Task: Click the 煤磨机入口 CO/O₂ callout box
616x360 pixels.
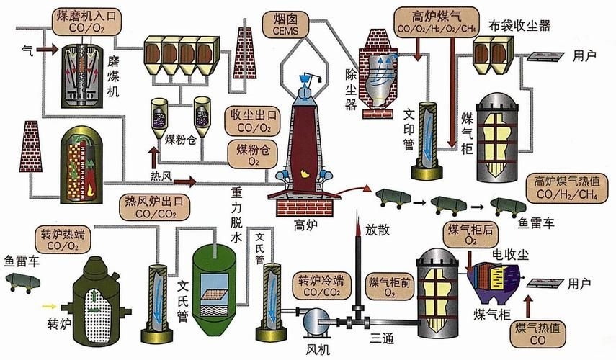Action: pyautogui.click(x=89, y=21)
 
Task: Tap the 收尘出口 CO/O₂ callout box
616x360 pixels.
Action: pyautogui.click(x=251, y=122)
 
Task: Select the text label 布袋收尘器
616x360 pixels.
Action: pyautogui.click(x=530, y=27)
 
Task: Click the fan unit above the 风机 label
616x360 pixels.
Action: pyautogui.click(x=316, y=321)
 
